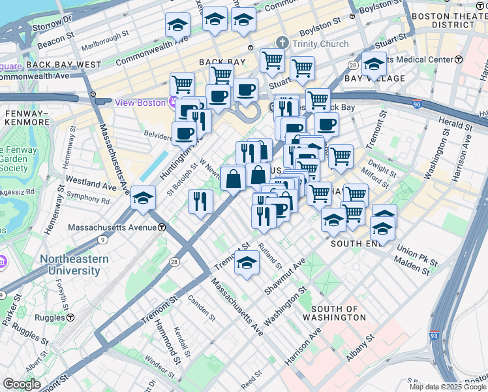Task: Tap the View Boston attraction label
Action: pos(140,103)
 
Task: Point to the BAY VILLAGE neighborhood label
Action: pos(366,78)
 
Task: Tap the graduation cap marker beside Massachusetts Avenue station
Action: pos(143,197)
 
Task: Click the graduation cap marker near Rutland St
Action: pos(247,263)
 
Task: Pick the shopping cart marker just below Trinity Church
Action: pos(272,61)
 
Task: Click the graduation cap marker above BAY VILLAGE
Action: pos(374,64)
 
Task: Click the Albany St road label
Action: pos(361,347)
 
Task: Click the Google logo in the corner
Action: pos(22,384)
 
